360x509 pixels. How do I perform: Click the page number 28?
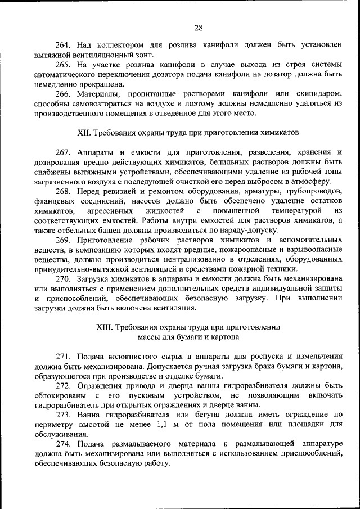(x=199, y=28)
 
